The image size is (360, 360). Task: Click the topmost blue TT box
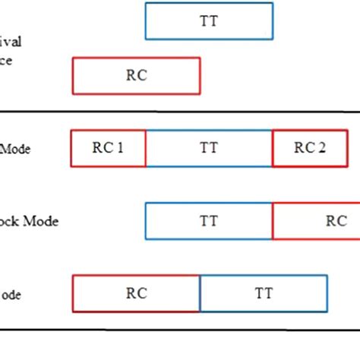tap(209, 21)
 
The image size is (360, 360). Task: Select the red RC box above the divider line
tap(136, 76)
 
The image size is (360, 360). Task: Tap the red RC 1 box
tap(108, 148)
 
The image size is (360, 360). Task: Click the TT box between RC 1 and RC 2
tap(209, 148)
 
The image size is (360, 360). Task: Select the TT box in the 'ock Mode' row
tap(209, 221)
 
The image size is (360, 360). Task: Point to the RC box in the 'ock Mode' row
tap(319, 221)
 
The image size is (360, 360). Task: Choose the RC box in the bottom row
tap(136, 293)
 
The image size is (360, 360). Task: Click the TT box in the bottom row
tap(264, 293)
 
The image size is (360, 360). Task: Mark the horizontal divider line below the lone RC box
tap(180, 112)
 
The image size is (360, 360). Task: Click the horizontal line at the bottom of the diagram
tap(180, 330)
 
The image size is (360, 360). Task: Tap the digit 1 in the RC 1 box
tap(119, 148)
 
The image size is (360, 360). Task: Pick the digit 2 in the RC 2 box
tap(322, 148)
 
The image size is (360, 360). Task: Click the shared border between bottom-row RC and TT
tap(200, 293)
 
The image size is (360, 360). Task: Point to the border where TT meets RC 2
tap(273, 148)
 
